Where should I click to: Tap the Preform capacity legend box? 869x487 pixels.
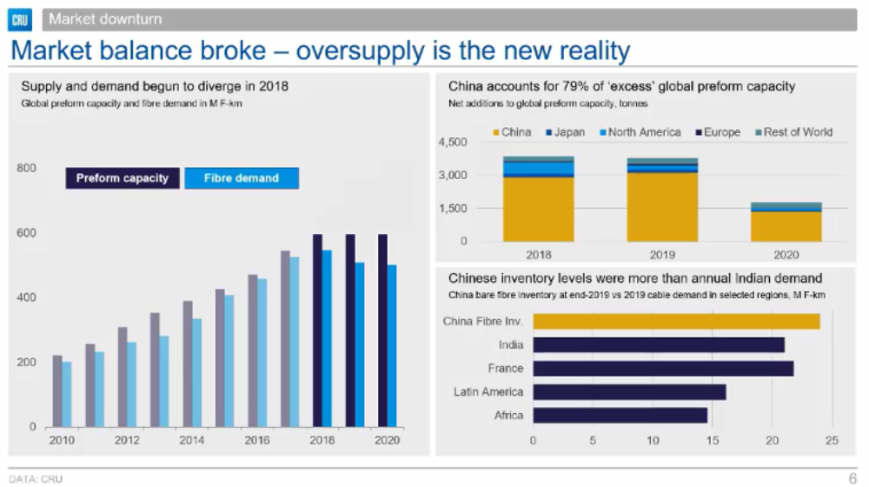pyautogui.click(x=123, y=178)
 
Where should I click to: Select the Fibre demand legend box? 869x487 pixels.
pyautogui.click(x=241, y=178)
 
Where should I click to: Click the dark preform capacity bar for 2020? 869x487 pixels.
pyautogui.click(x=382, y=330)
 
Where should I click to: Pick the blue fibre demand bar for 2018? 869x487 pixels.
pyautogui.click(x=327, y=338)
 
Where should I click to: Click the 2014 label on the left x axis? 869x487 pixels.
pyautogui.click(x=191, y=441)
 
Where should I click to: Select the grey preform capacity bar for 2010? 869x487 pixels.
pyautogui.click(x=57, y=390)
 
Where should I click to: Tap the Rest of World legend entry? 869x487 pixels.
pyautogui.click(x=793, y=132)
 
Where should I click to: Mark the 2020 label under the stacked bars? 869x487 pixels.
pyautogui.click(x=786, y=256)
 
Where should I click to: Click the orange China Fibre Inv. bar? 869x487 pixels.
pyautogui.click(x=676, y=322)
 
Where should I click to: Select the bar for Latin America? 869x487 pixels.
pyautogui.click(x=629, y=392)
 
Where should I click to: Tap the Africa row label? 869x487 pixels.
pyautogui.click(x=509, y=416)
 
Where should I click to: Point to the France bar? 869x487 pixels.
pyautogui.click(x=663, y=369)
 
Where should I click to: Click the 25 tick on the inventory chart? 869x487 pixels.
pyautogui.click(x=832, y=440)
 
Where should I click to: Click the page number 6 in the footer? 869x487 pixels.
pyautogui.click(x=852, y=477)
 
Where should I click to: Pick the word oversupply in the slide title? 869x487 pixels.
pyautogui.click(x=357, y=50)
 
